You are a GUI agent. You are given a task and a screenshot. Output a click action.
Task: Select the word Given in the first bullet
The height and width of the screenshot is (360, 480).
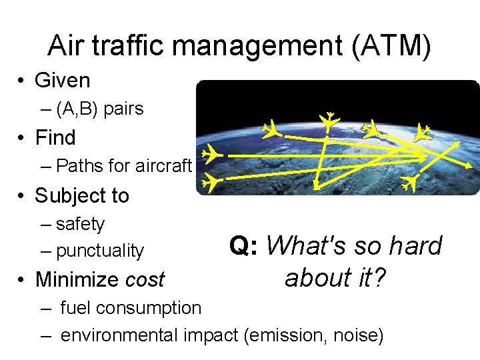(x=62, y=81)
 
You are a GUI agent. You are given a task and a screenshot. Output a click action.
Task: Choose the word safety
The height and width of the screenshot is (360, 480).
(x=81, y=224)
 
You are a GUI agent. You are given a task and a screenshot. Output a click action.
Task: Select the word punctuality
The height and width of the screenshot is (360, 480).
(x=100, y=251)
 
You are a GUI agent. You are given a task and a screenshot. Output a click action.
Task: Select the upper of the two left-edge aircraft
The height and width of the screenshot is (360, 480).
(x=211, y=154)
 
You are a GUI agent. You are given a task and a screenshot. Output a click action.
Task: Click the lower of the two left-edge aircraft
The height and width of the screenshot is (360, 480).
(x=211, y=181)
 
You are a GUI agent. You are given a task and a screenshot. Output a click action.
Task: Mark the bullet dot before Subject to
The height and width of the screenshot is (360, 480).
(x=21, y=196)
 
